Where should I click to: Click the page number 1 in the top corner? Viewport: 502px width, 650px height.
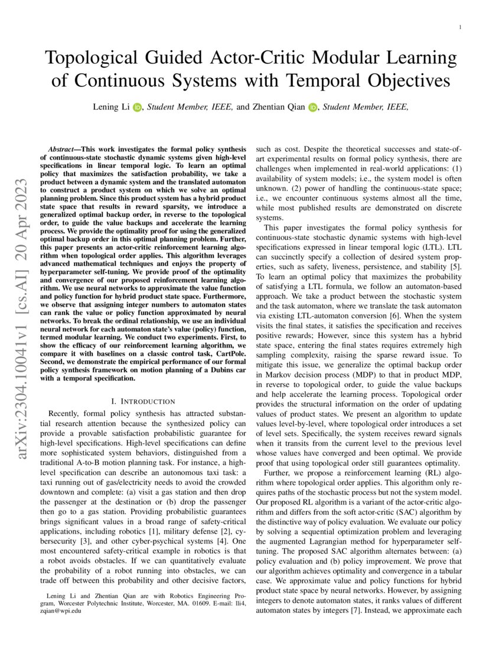pos(459,27)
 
